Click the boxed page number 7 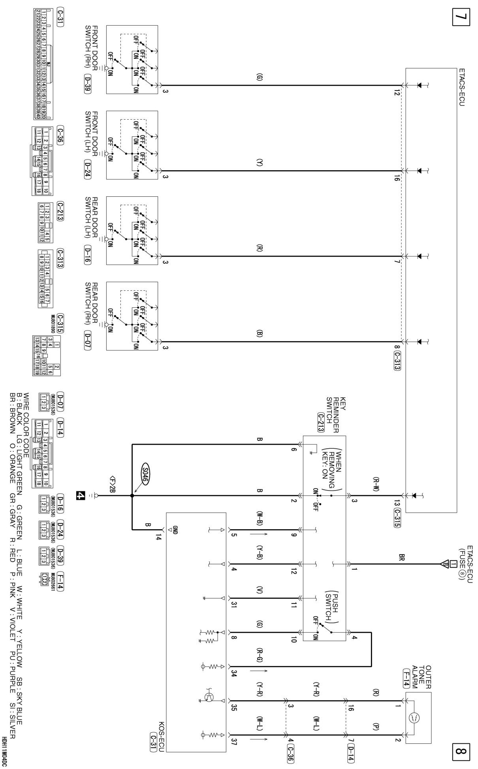(462, 18)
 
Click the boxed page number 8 (462, 750)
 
